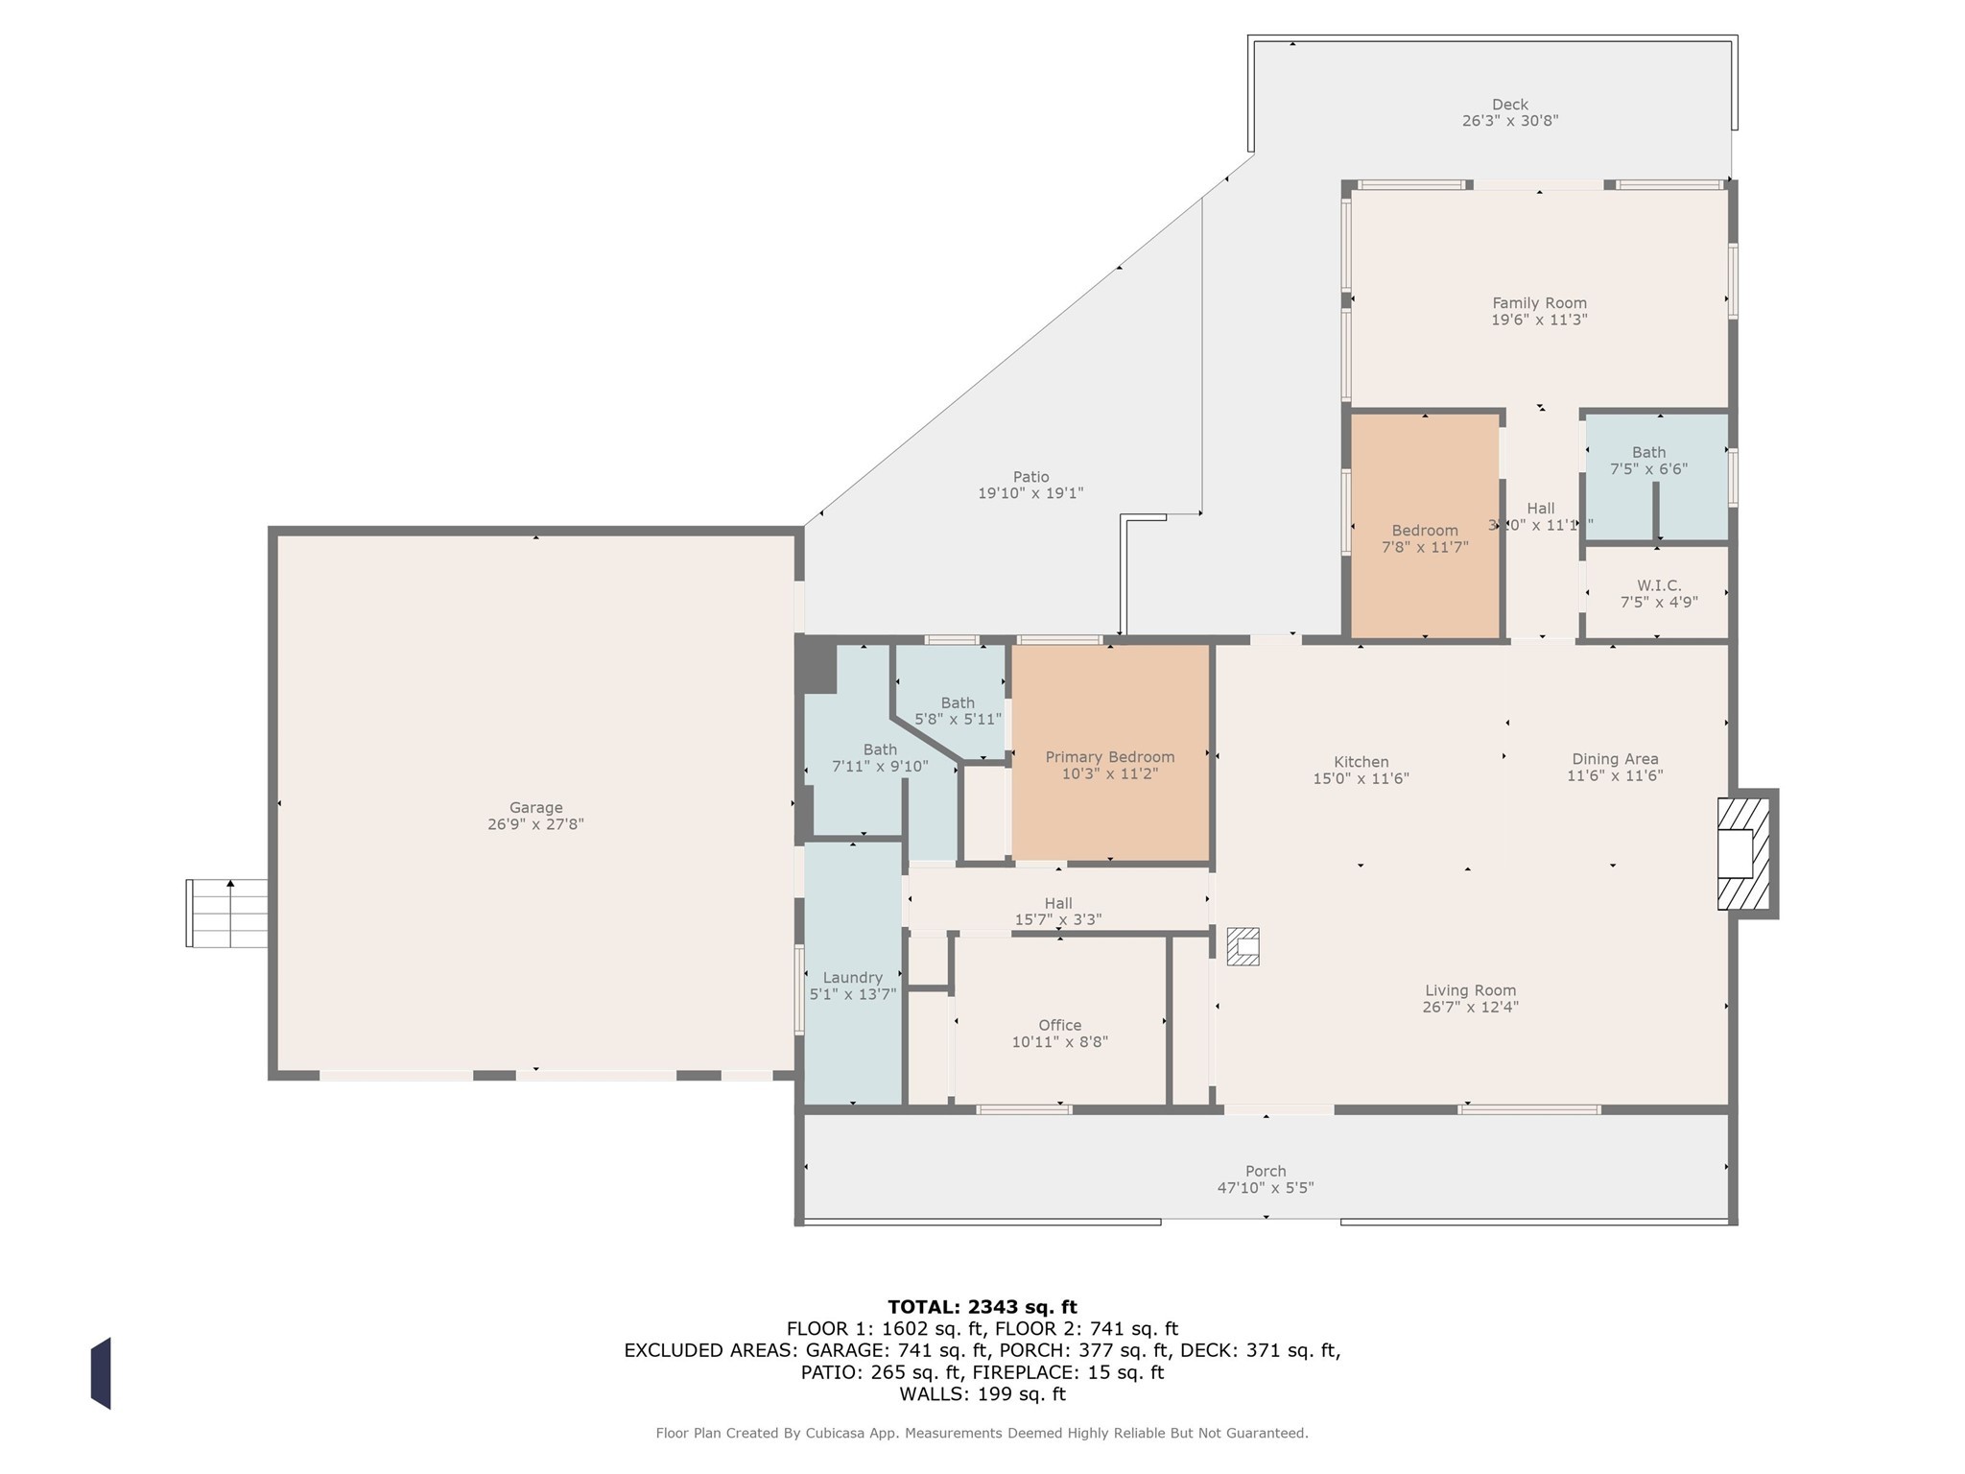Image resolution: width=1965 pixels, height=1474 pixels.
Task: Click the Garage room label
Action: (x=535, y=808)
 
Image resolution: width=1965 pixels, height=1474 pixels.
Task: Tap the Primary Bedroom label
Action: (x=1110, y=757)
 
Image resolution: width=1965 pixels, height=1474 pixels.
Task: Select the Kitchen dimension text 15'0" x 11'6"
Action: (x=1361, y=779)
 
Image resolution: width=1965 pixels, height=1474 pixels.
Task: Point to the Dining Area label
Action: (x=1615, y=759)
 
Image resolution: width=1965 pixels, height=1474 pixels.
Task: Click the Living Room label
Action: (x=1470, y=990)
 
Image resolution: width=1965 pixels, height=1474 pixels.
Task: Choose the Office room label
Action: (x=1059, y=1025)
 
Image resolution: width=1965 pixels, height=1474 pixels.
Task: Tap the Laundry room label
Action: (x=852, y=978)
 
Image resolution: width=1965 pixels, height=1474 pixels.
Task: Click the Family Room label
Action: (x=1539, y=303)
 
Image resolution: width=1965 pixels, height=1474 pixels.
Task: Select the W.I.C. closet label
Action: (x=1659, y=585)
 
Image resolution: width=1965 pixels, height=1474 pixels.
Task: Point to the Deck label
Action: (x=1510, y=105)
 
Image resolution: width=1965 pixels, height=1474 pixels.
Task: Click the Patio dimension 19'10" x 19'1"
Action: (x=1030, y=493)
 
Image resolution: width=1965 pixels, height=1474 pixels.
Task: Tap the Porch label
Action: (x=1266, y=1171)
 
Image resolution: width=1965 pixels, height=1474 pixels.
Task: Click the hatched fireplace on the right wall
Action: (x=1744, y=853)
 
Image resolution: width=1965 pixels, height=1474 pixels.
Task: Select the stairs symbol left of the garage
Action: (x=226, y=914)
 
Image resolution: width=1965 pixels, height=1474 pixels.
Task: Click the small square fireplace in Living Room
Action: (x=1243, y=946)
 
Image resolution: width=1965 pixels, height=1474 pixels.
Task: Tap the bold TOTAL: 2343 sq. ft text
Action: (x=982, y=1307)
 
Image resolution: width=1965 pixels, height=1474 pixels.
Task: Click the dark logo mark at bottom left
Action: (x=101, y=1373)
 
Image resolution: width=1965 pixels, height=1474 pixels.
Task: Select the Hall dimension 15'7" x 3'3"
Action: (x=1058, y=919)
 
